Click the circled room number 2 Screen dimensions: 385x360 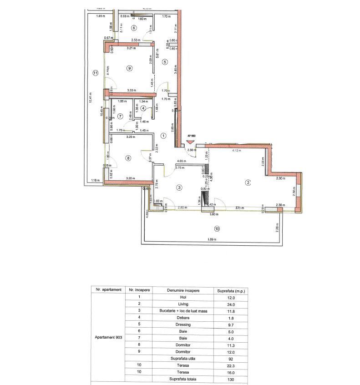point(248,183)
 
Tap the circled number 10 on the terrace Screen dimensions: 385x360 point(217,228)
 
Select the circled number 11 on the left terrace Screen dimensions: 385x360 point(95,72)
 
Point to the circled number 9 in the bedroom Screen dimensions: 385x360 point(130,68)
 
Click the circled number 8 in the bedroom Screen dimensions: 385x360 point(128,158)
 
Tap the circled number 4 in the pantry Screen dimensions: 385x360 point(143,108)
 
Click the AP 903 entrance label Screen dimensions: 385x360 point(191,136)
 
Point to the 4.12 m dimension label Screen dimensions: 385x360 point(237,150)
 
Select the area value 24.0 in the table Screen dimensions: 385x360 point(231,304)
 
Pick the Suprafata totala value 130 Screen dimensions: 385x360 point(231,379)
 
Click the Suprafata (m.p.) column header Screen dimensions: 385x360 point(231,290)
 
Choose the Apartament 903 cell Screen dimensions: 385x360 point(108,338)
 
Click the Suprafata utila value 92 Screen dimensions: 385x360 point(231,359)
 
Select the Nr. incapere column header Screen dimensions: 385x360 point(137,290)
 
